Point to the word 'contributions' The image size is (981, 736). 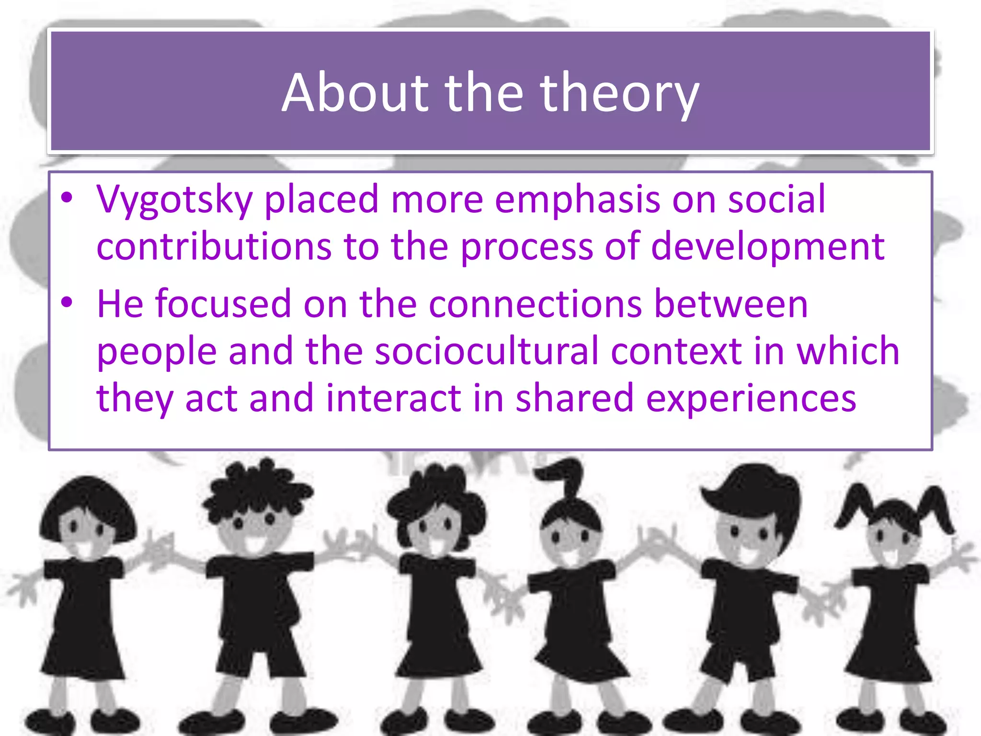click(x=214, y=246)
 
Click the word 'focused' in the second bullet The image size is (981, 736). click(x=223, y=304)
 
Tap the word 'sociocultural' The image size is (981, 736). click(x=487, y=351)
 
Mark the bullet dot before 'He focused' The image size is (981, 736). click(x=67, y=302)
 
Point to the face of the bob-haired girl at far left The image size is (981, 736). click(x=86, y=532)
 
